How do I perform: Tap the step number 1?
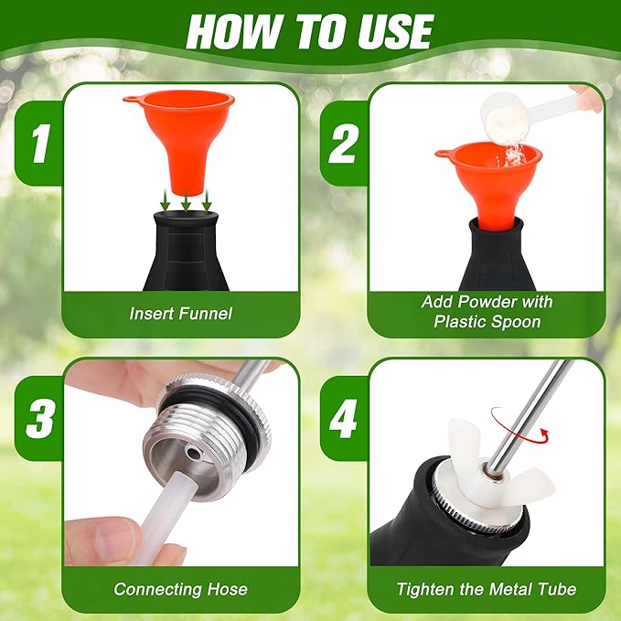tap(38, 145)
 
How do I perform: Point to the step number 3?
tap(38, 420)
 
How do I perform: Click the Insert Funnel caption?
tap(180, 314)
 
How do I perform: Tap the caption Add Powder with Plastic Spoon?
tap(487, 311)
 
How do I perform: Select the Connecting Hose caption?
tap(180, 589)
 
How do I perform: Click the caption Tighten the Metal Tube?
tap(487, 589)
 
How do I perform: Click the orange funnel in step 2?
tap(489, 178)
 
